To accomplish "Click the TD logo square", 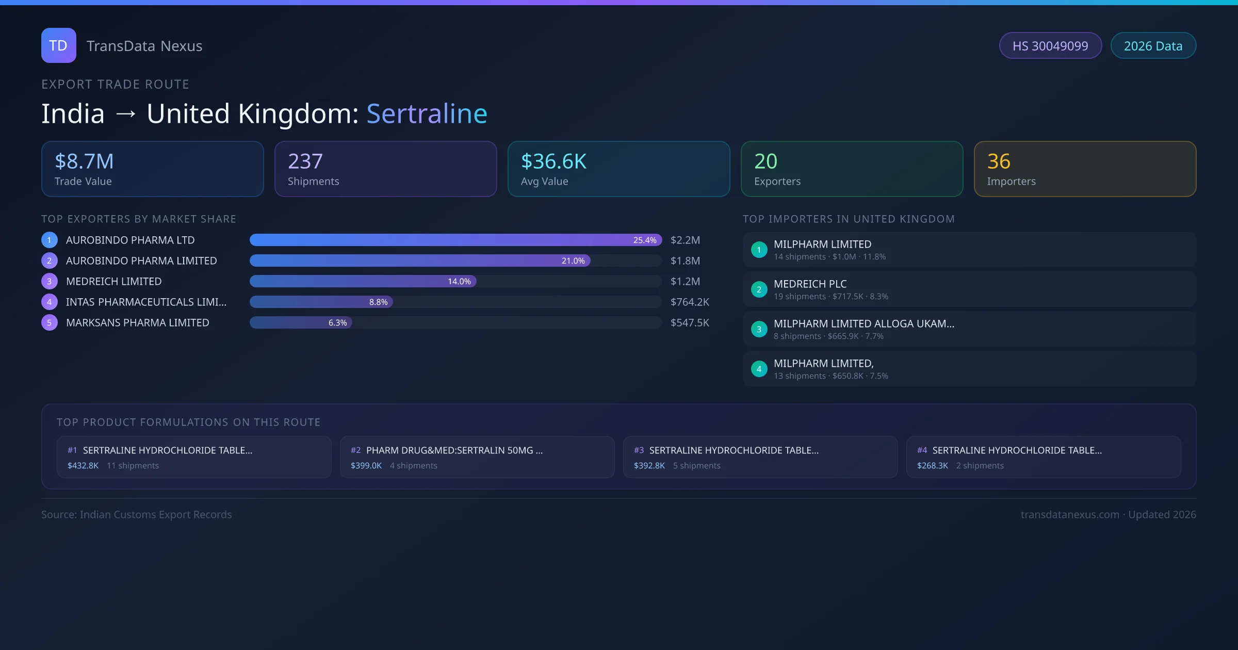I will [59, 45].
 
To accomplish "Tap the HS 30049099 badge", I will [1050, 46].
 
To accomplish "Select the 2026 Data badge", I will [1153, 46].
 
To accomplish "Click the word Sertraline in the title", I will [427, 113].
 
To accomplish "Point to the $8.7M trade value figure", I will [84, 161].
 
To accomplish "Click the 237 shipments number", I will [305, 161].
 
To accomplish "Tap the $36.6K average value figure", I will [553, 161].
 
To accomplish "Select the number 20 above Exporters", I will [765, 161].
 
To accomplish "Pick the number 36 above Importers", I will [999, 161].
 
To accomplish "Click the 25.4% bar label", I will [645, 240].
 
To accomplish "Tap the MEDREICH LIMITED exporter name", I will [114, 282].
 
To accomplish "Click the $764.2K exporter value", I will [690, 302].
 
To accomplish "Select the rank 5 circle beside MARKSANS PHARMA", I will [50, 323].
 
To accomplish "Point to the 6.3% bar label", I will [337, 323].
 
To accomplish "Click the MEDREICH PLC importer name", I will [810, 284].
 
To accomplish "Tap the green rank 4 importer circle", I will [759, 369].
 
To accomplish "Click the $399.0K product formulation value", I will [366, 466].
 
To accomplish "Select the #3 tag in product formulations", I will [639, 450].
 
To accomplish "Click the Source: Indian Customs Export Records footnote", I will [137, 515].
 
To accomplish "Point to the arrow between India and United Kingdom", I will [126, 114].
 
